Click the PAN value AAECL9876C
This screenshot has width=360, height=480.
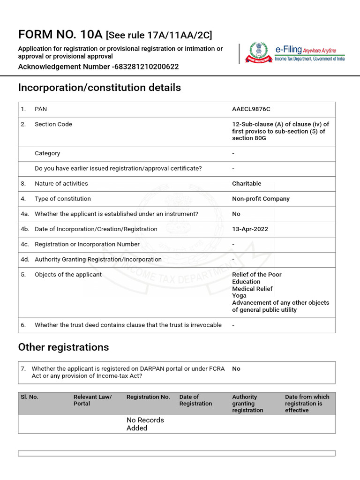coord(251,109)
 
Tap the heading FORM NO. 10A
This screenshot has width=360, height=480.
coord(60,35)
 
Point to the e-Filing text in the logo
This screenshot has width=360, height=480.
coord(288,50)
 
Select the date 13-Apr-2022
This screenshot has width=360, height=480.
coord(250,229)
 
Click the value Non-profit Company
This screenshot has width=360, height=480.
coord(261,199)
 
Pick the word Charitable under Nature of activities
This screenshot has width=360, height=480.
coord(247,184)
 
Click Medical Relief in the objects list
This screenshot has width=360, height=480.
coord(252,289)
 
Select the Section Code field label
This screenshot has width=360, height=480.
coord(53,124)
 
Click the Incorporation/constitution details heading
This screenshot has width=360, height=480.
coord(99,88)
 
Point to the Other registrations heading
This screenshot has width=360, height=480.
coord(63,347)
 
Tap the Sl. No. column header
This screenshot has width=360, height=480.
coord(30,397)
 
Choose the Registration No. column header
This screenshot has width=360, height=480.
coord(148,397)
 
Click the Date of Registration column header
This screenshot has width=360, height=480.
coord(195,400)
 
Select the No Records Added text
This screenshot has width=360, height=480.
coord(145,424)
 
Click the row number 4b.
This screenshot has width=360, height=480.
coord(25,229)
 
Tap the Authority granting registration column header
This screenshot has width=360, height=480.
coord(247,404)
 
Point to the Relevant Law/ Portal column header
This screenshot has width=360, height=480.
coord(93,400)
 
